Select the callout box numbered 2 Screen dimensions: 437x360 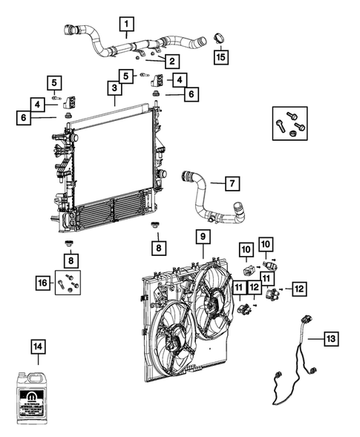171,61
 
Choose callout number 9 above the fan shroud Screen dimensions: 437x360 200,237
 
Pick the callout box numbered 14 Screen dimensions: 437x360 38,346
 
